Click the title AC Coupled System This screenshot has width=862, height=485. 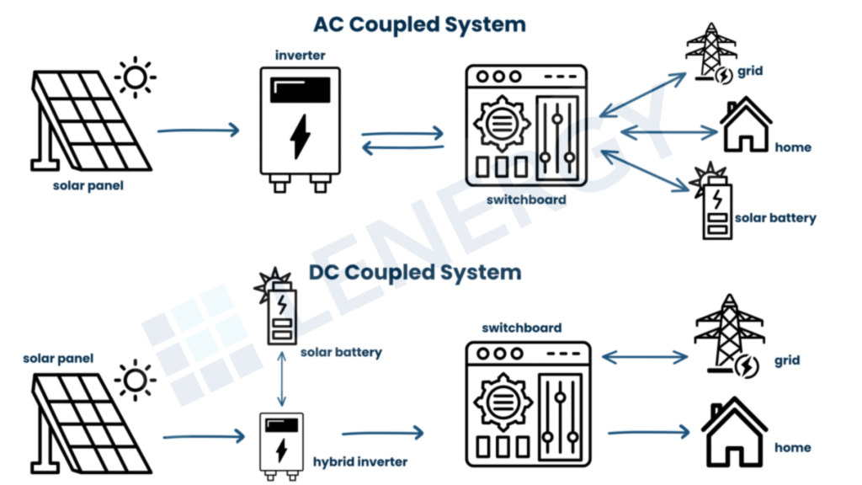point(419,24)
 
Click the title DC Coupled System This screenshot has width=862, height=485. point(415,272)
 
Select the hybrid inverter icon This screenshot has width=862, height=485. point(282,445)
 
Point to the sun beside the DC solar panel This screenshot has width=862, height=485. point(135,379)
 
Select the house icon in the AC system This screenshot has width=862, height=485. point(745,125)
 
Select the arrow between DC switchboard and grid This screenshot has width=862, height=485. point(646,358)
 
